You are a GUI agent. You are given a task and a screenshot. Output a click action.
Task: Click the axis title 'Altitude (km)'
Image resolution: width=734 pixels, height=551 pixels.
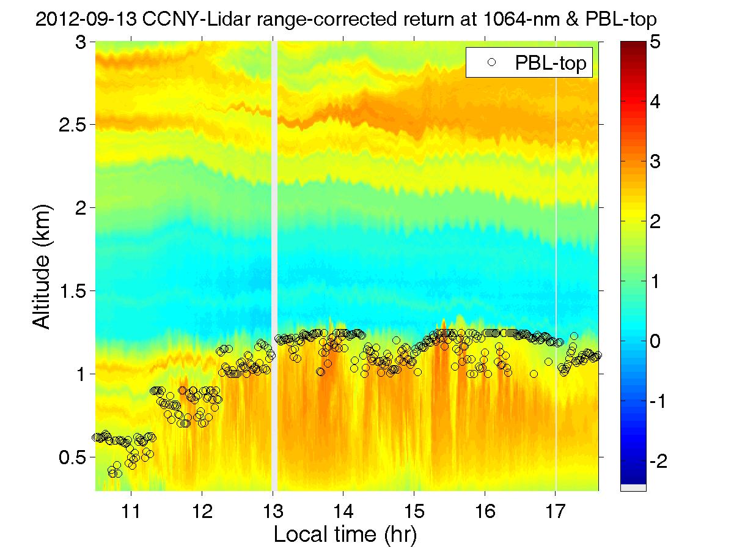(x=43, y=267)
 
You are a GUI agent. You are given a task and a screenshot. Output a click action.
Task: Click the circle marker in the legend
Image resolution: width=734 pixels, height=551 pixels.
(x=490, y=62)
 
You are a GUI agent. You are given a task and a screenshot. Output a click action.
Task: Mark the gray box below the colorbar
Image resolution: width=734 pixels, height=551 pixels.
(x=633, y=487)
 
